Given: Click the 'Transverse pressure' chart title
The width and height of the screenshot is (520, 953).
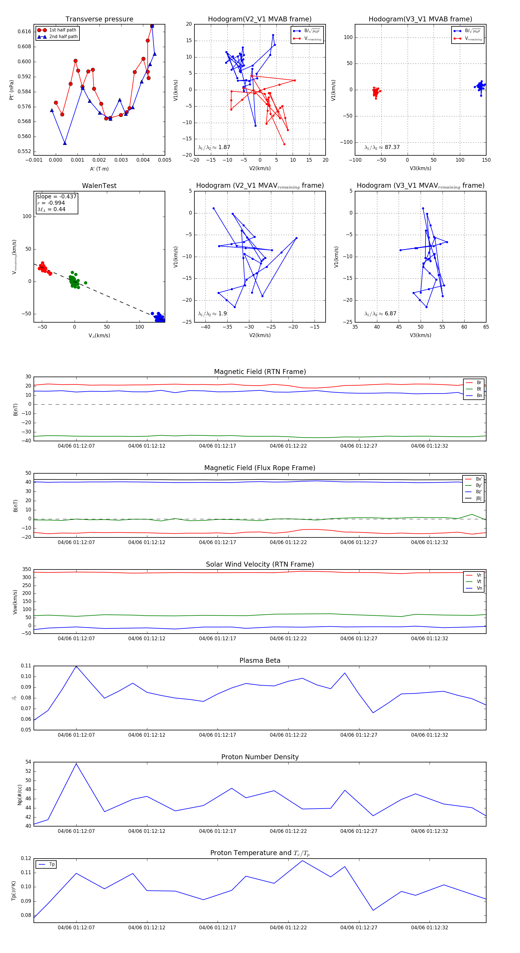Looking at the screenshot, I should click(99, 19).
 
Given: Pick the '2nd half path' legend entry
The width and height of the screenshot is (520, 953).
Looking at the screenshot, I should click(63, 37).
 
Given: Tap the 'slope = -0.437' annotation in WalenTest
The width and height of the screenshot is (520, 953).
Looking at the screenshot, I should click(57, 196).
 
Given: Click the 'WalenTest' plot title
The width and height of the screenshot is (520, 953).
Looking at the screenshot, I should click(99, 186).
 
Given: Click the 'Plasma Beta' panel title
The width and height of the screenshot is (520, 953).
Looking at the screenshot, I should click(260, 661).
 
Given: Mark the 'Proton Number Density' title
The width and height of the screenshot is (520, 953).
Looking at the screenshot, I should click(260, 757).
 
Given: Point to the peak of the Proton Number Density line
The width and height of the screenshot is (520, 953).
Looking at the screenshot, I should click(76, 764).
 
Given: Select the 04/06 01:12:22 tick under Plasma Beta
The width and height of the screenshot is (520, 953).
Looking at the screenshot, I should click(288, 735).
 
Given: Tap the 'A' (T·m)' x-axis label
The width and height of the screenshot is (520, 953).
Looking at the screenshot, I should click(99, 169).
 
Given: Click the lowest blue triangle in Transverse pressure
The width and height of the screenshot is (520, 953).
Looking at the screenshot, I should click(65, 143).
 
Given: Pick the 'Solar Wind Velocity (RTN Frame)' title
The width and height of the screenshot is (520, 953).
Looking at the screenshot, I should click(260, 565).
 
